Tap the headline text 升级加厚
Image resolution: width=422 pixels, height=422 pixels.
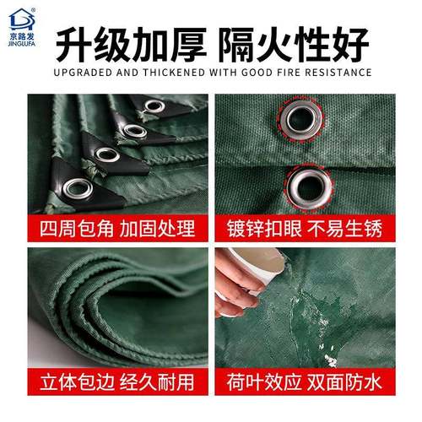tap(127, 41)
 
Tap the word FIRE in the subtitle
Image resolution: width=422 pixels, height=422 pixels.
tap(285, 73)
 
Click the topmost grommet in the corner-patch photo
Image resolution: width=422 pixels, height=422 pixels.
tap(154, 106)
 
